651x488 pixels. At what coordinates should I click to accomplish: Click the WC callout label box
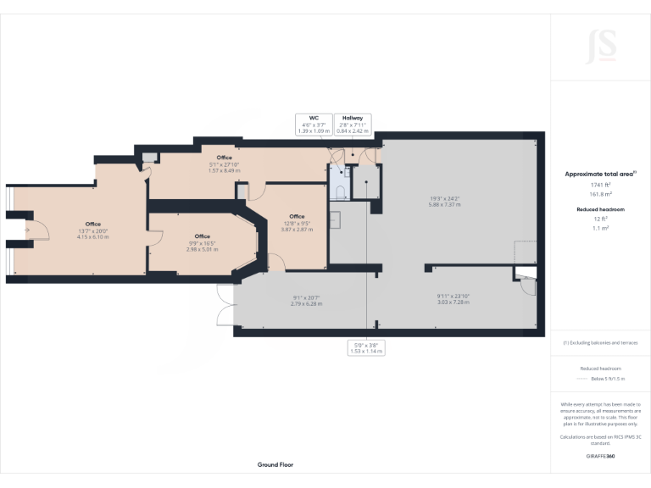pyautogui.click(x=314, y=125)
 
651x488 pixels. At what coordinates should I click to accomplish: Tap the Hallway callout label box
pyautogui.click(x=353, y=125)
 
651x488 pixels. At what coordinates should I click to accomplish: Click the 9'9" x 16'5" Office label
pyautogui.click(x=202, y=242)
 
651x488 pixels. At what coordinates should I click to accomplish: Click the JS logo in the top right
pyautogui.click(x=601, y=43)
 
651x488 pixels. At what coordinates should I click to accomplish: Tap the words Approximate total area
pyautogui.click(x=600, y=174)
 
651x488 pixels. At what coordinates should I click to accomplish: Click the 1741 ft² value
pyautogui.click(x=600, y=184)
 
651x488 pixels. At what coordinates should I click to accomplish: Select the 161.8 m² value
pyautogui.click(x=600, y=193)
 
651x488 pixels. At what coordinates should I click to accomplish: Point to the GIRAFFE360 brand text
pyautogui.click(x=600, y=456)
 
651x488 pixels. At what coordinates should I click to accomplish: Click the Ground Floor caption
pyautogui.click(x=275, y=465)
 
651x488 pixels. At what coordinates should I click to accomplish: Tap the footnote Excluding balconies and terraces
pyautogui.click(x=600, y=342)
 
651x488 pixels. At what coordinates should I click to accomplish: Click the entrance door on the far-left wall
pyautogui.click(x=24, y=230)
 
